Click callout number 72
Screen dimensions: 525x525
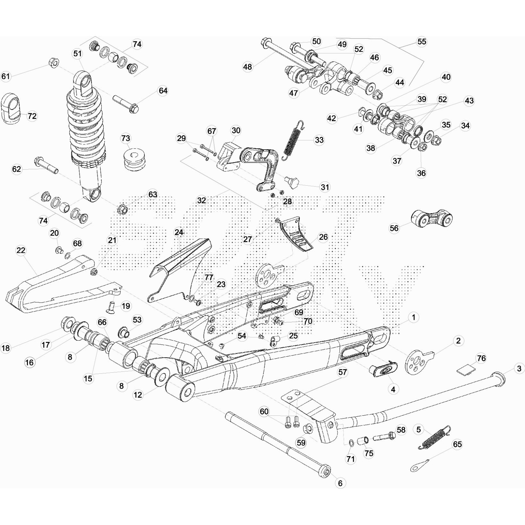tap(32, 116)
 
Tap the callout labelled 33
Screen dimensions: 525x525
tap(319, 140)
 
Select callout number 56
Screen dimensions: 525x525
tap(394, 228)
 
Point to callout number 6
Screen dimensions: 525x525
tap(340, 483)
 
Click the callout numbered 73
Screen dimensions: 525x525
tap(126, 138)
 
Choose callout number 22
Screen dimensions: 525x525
tap(21, 250)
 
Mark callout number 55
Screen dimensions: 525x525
tap(422, 42)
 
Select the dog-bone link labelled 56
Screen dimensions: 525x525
tap(431, 219)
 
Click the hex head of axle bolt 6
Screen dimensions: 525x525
tap(325, 472)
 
